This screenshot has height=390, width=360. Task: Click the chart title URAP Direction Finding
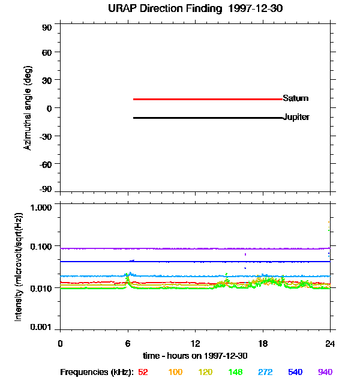(x=164, y=9)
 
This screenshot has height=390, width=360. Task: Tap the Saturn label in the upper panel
(x=296, y=98)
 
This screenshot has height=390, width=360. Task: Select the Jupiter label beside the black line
(x=296, y=117)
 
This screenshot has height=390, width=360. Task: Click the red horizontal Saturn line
(x=208, y=99)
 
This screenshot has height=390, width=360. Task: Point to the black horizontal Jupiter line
(x=208, y=118)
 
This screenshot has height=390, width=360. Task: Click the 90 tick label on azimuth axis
(x=47, y=28)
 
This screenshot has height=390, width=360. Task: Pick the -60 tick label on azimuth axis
(x=46, y=164)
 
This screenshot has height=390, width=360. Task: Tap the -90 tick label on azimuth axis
(x=46, y=189)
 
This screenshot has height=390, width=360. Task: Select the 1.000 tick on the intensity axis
(x=41, y=208)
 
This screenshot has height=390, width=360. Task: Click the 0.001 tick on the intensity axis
(x=41, y=327)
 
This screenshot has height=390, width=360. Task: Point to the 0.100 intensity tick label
(x=41, y=247)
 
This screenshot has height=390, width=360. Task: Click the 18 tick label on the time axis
(x=263, y=343)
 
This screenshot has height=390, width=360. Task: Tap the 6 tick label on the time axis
(x=128, y=343)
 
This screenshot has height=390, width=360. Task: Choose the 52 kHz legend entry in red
(x=143, y=372)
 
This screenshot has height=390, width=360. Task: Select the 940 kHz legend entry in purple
(x=325, y=372)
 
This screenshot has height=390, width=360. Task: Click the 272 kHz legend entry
(x=265, y=372)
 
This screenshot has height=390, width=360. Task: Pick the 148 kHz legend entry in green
(x=235, y=372)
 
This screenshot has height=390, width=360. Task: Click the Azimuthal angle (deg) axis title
(x=28, y=108)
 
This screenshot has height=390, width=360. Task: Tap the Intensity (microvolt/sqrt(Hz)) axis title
(x=19, y=267)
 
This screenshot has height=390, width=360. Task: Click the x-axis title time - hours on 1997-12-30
(x=195, y=356)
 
